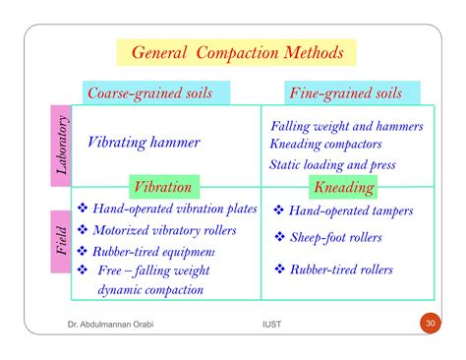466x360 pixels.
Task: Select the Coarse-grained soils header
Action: click(156, 93)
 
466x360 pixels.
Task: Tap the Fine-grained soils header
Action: click(343, 93)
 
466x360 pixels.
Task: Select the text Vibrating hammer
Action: click(144, 143)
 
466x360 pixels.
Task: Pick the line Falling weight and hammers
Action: click(346, 127)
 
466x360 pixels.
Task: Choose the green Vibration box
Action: click(163, 186)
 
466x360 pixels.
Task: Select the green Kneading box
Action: click(343, 186)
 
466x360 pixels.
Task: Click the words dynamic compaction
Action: click(150, 289)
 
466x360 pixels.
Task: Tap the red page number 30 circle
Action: click(430, 325)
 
